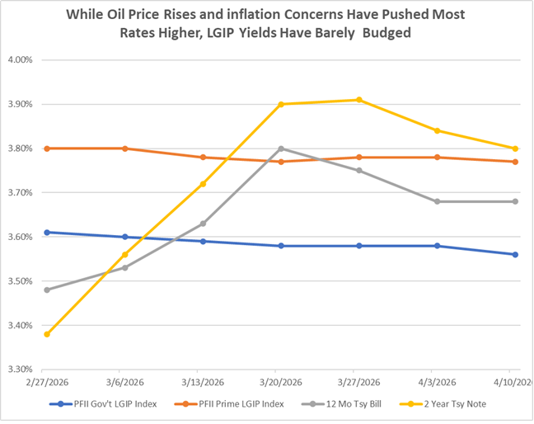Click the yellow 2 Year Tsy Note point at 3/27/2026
[x=358, y=100]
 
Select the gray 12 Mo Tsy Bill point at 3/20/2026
[x=281, y=148]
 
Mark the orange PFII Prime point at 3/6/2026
[x=124, y=148]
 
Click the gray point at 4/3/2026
[x=437, y=201]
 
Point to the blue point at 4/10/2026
[x=515, y=254]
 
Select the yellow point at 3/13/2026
[x=203, y=184]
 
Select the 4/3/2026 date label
[x=437, y=384]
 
